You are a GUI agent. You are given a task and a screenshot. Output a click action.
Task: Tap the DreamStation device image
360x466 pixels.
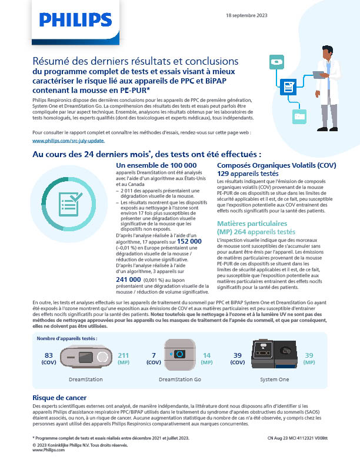(86, 357)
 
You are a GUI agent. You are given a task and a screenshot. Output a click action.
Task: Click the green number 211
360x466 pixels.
(124, 355)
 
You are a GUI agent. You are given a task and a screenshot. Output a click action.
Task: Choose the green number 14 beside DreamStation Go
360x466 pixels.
(207, 355)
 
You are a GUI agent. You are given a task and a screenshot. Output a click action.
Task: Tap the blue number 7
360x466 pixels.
(154, 355)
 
